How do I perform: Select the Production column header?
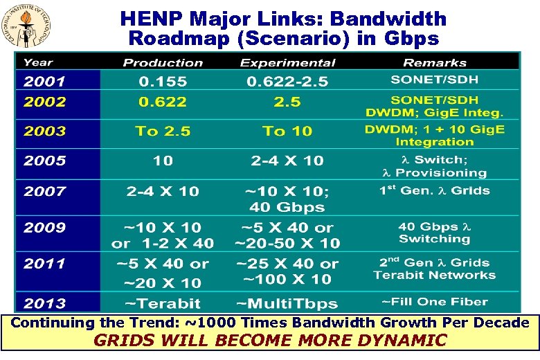163,63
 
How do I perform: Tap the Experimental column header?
287,63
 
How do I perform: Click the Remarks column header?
434,63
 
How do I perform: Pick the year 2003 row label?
45,132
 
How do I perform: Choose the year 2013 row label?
45,303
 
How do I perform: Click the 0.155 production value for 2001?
163,82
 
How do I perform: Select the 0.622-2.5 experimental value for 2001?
287,82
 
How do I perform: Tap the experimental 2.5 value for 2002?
287,102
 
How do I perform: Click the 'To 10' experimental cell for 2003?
287,132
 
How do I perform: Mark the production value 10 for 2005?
163,161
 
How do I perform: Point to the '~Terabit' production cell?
163,303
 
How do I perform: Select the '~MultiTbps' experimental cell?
287,303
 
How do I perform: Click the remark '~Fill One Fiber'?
434,302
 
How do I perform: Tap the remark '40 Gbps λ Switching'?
434,233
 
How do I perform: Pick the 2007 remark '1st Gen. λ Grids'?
434,190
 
